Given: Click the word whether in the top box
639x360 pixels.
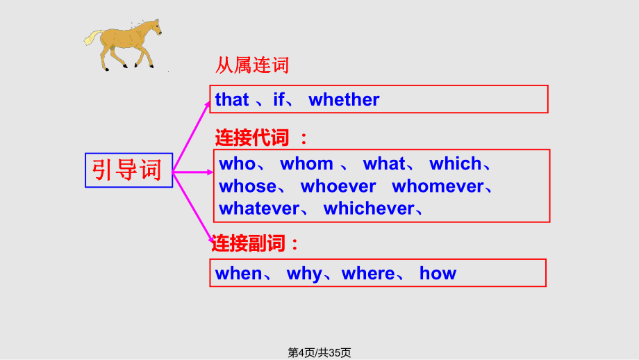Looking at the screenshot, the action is (344, 99).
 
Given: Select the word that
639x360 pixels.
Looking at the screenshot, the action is (232, 99).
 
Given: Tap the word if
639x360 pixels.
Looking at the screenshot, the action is (279, 99).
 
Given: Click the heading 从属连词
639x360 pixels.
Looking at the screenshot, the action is (252, 65).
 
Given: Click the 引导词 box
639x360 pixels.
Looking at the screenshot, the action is (128, 170).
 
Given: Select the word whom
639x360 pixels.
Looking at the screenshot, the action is (306, 164).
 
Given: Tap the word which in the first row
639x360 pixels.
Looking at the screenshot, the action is (455, 164).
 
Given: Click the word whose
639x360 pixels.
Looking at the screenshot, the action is (248, 186).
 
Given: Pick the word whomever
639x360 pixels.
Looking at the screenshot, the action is (438, 186).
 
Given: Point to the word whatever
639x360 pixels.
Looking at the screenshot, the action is (259, 208).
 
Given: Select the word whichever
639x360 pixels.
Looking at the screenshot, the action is (369, 208).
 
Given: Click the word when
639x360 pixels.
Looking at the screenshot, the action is (238, 273).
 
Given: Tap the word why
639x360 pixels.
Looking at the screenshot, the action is (304, 274).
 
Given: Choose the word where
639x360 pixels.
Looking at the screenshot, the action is (368, 273).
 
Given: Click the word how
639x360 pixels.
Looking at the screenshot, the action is (438, 273).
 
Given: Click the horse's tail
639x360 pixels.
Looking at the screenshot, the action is (93, 38).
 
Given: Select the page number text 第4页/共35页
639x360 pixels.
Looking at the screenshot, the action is (319, 352).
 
